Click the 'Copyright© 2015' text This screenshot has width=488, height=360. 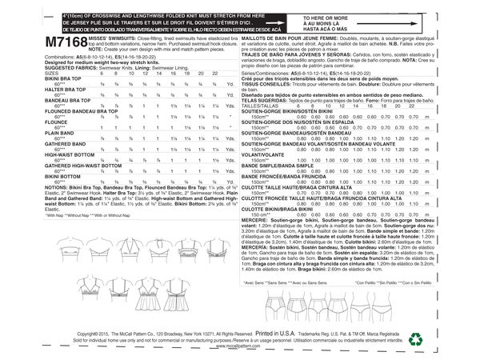tap(96, 331)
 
